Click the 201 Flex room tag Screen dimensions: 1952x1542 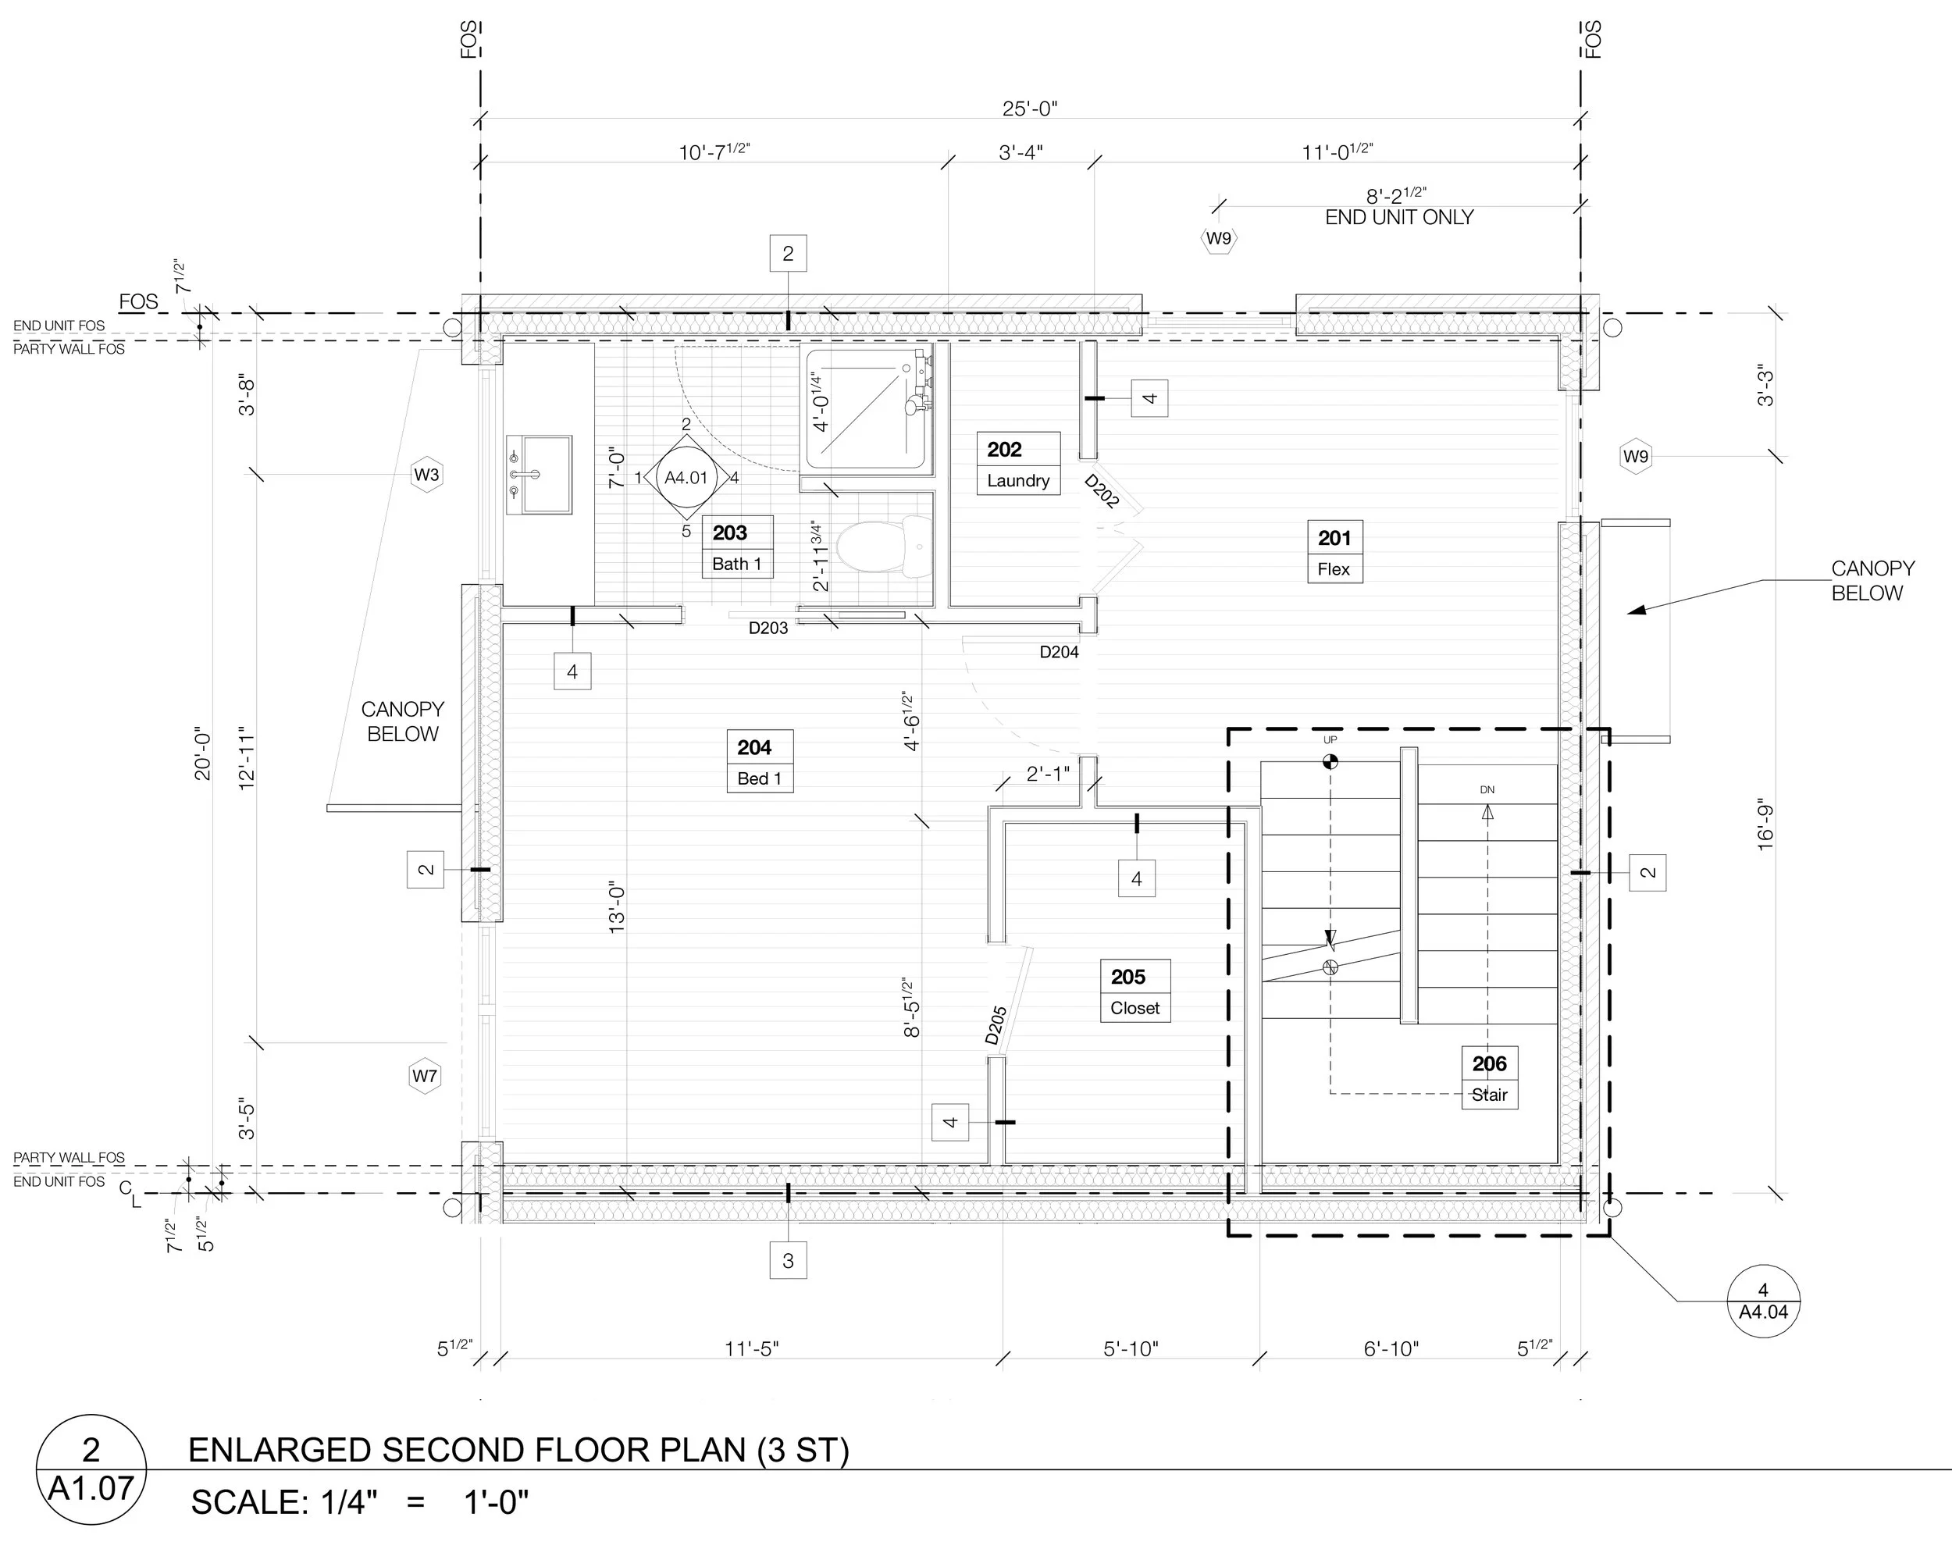pos(1334,552)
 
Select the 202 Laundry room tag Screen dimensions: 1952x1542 pos(1017,463)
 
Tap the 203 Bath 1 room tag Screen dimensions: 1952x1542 pos(737,547)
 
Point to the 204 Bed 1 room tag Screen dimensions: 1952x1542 pos(759,761)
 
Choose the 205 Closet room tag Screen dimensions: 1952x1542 pos(1135,990)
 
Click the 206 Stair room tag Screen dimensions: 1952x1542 pos(1490,1077)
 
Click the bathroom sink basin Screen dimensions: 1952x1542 pos(539,474)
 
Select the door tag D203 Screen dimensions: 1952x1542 pos(768,629)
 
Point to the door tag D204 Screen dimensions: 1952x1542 pos(1059,652)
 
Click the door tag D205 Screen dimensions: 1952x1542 pos(996,1026)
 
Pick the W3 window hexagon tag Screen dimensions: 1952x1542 pos(427,475)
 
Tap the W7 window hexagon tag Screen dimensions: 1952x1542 pos(424,1076)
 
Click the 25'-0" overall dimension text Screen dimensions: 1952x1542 pos(1029,109)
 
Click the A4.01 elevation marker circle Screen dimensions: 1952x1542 pos(686,478)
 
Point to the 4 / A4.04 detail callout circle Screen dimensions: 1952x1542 pos(1763,1301)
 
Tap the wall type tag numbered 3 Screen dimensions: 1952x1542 pos(788,1260)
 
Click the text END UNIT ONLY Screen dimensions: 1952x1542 pos(1398,218)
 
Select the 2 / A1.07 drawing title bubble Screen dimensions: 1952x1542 pos(91,1469)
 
